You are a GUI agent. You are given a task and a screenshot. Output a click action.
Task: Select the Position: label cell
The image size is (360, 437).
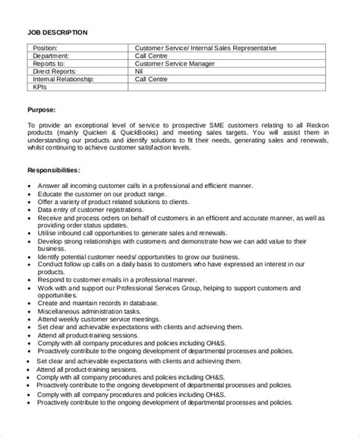pos(47,48)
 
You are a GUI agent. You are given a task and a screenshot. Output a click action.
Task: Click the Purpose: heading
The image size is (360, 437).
pos(45,109)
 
